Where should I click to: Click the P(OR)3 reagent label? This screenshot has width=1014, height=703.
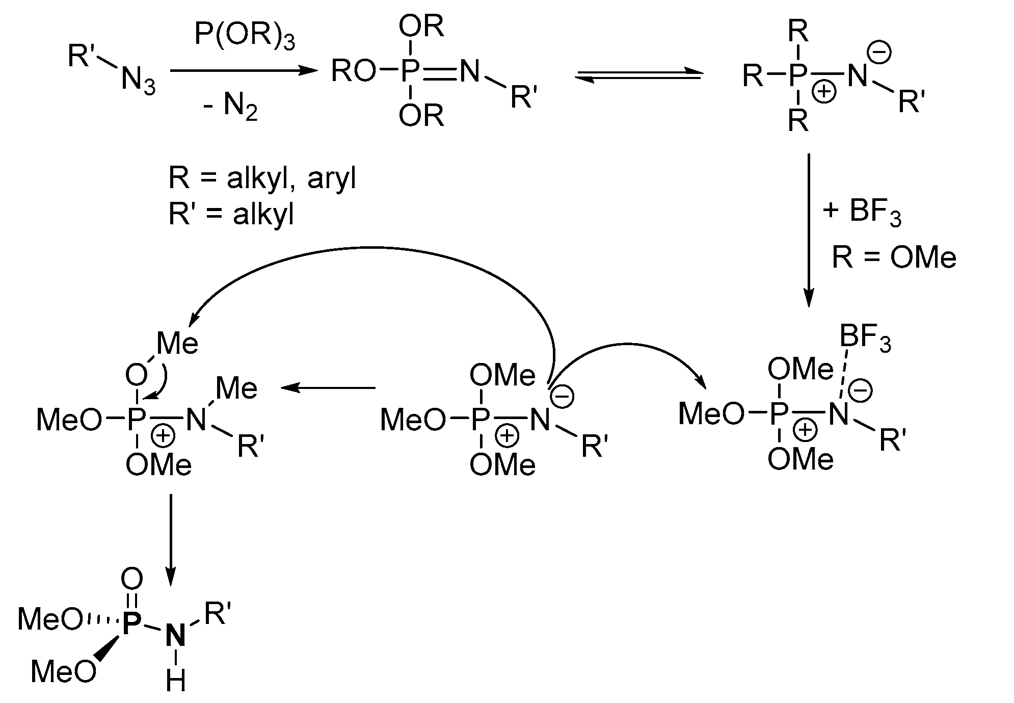point(245,37)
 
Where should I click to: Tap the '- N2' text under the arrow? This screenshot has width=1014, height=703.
point(231,108)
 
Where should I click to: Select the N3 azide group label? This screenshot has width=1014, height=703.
point(138,82)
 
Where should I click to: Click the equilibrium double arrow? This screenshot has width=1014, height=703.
point(639,76)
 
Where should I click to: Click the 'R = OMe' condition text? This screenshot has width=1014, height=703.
point(894,257)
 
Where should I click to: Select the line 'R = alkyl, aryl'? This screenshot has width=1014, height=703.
point(262,178)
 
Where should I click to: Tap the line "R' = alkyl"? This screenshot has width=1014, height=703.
point(232,214)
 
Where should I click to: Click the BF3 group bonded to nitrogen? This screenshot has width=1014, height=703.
point(865,339)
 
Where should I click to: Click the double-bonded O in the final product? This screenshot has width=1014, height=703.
point(132,579)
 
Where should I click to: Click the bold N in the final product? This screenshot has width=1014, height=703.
point(175,635)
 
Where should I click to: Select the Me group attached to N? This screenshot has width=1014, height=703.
point(236,388)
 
